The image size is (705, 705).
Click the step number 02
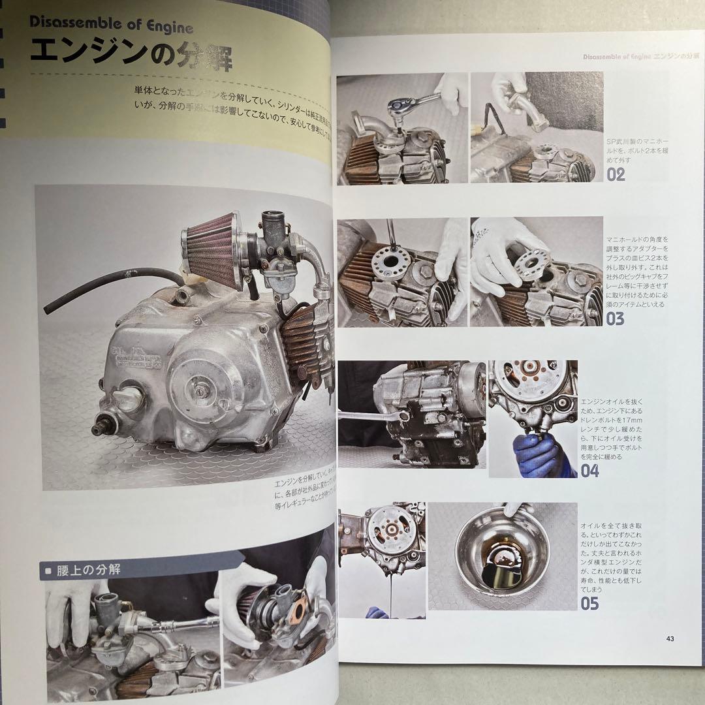click(x=616, y=174)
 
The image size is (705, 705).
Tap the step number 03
click(x=616, y=319)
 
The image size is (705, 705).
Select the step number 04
click(x=589, y=470)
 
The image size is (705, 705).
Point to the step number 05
click(x=589, y=603)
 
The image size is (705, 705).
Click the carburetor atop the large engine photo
click(x=275, y=248)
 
